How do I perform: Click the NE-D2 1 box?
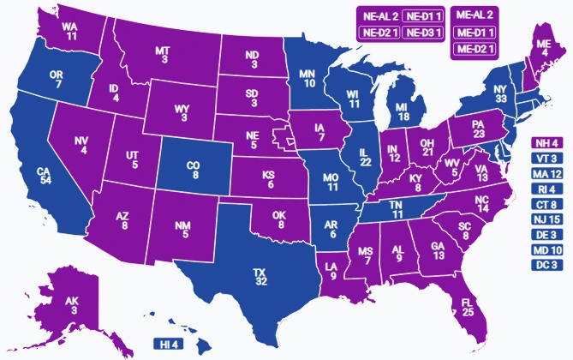379,33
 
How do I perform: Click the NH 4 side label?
546,143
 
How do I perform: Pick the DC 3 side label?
546,266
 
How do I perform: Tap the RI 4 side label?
546,189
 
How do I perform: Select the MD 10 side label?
546,250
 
